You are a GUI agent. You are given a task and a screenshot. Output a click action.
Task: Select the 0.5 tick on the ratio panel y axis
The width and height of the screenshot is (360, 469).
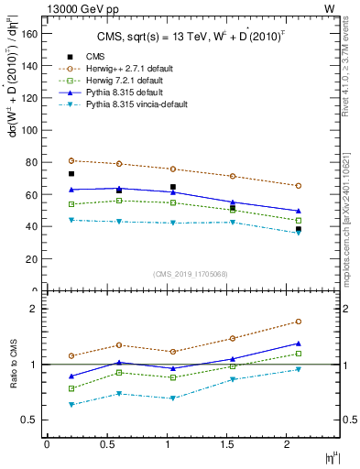pyautogui.click(x=33, y=420)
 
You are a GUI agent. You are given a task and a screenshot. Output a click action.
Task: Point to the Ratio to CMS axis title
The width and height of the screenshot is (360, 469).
pyautogui.click(x=15, y=365)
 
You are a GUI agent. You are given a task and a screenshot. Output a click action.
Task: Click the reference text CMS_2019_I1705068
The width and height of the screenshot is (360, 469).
pyautogui.click(x=191, y=272)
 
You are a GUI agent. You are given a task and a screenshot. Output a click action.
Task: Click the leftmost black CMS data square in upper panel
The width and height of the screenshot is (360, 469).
pyautogui.click(x=71, y=173)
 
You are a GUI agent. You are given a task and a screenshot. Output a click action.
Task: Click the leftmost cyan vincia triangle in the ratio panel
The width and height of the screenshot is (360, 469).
pyautogui.click(x=71, y=404)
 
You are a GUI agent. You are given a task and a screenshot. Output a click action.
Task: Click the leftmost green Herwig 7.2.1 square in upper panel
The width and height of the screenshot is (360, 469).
pyautogui.click(x=71, y=204)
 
